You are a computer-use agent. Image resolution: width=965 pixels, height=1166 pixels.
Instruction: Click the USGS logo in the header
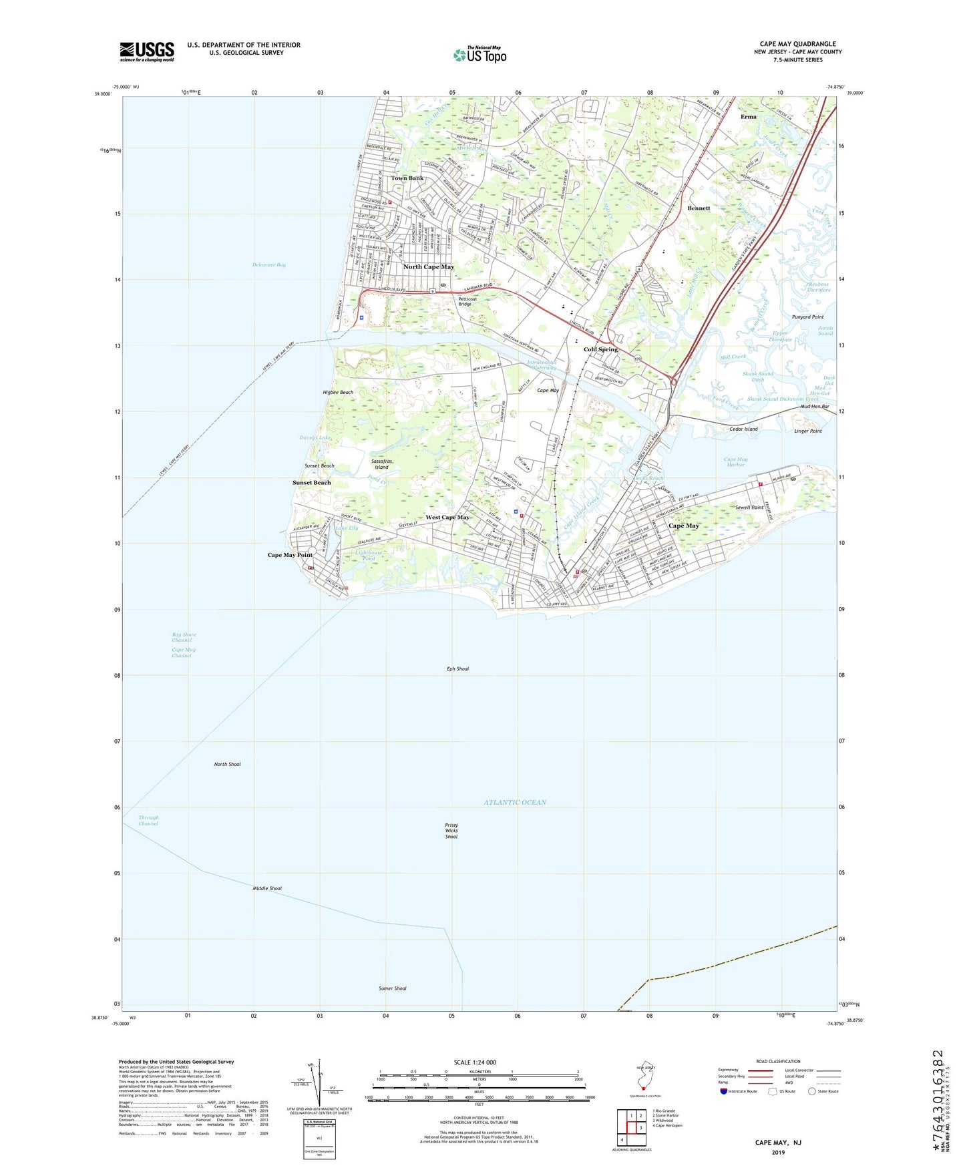pyautogui.click(x=147, y=51)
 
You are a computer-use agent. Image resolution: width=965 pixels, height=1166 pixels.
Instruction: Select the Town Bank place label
pyautogui.click(x=407, y=178)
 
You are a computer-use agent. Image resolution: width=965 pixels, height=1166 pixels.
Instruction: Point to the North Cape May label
pyautogui.click(x=428, y=267)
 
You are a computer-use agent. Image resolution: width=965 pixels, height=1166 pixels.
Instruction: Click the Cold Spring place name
pyautogui.click(x=600, y=349)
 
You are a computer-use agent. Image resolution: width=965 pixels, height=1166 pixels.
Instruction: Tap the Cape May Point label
pyautogui.click(x=290, y=555)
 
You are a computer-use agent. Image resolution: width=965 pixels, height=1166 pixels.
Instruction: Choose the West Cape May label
pyautogui.click(x=447, y=518)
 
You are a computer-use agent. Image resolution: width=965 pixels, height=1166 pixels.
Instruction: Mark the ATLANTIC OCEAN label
pyautogui.click(x=515, y=802)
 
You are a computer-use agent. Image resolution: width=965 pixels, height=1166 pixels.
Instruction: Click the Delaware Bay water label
pyautogui.click(x=269, y=265)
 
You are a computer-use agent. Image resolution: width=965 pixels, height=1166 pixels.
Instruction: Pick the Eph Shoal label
pyautogui.click(x=457, y=668)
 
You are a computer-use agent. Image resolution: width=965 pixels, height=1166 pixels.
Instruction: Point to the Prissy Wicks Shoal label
pyautogui.click(x=451, y=831)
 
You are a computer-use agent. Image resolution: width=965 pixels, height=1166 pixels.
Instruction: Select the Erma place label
pyautogui.click(x=749, y=117)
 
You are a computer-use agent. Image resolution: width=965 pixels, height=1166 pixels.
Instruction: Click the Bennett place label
pyautogui.click(x=699, y=208)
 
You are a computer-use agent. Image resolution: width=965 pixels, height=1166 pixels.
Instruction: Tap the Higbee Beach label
pyautogui.click(x=338, y=393)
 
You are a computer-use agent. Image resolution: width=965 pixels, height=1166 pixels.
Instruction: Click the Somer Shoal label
pyautogui.click(x=392, y=988)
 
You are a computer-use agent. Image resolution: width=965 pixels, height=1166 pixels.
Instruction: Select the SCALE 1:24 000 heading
pyautogui.click(x=475, y=1062)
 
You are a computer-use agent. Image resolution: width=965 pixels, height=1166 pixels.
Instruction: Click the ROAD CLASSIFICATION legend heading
pyautogui.click(x=778, y=1061)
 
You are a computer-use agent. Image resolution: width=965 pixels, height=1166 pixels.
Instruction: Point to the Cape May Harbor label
pyautogui.click(x=735, y=461)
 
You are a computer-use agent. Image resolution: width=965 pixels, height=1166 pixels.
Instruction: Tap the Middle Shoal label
pyautogui.click(x=267, y=888)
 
